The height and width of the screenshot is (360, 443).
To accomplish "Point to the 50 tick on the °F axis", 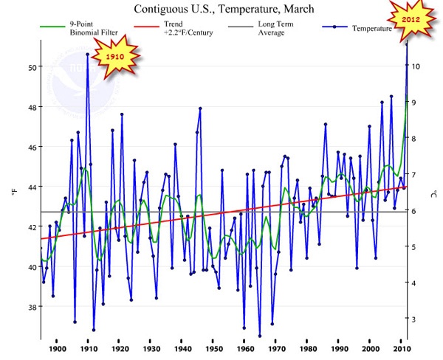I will [32, 67].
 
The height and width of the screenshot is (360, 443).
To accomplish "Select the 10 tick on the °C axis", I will [417, 66].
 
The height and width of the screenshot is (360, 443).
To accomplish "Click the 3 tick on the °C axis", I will [417, 319].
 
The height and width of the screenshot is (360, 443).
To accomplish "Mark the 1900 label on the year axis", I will [57, 349].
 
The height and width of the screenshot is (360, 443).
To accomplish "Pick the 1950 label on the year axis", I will [214, 349].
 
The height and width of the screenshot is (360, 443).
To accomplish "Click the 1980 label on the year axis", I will [308, 349].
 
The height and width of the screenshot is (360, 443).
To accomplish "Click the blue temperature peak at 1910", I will [87, 54].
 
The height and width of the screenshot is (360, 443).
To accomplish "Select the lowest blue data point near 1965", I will [260, 336].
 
